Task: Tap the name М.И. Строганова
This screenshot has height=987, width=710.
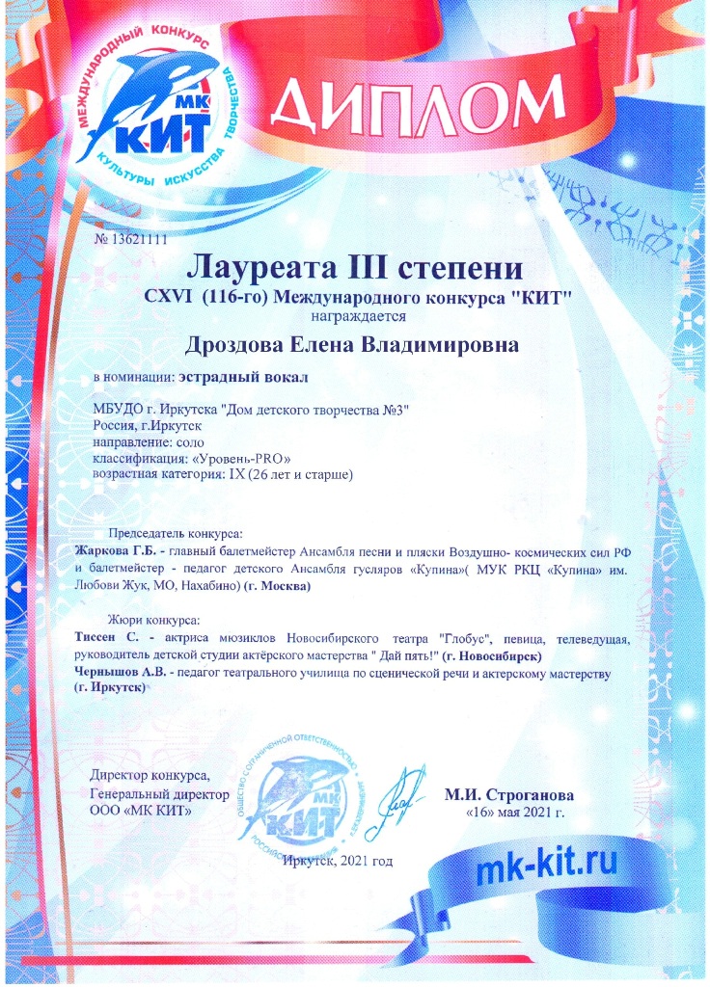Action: (x=508, y=796)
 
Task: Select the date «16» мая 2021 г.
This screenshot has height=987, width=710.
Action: (x=515, y=813)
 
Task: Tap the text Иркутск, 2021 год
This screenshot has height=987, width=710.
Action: (x=339, y=859)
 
